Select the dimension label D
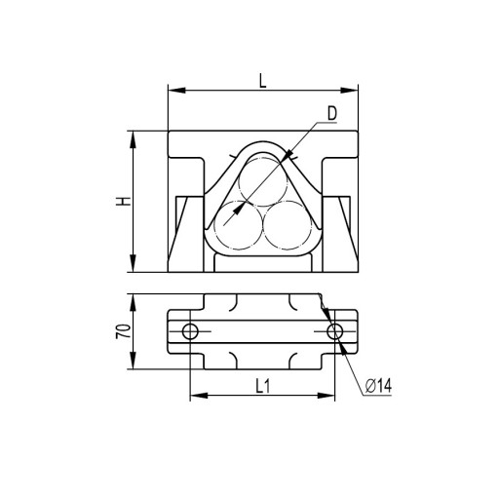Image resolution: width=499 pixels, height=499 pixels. [x=332, y=113]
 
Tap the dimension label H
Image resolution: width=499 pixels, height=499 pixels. [x=123, y=202]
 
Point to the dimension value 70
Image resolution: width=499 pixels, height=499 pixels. [x=124, y=331]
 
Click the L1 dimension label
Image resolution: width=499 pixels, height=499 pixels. [x=262, y=386]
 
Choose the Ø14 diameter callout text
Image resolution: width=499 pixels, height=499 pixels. [x=378, y=386]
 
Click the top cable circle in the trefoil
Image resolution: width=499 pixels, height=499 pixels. [x=263, y=181]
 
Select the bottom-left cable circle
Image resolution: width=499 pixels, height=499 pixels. [x=239, y=225]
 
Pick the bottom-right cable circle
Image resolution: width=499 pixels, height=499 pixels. [x=288, y=225]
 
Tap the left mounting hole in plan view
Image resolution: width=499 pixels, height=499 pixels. [x=190, y=331]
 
